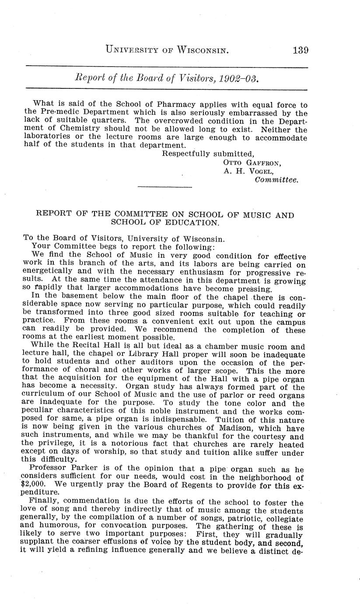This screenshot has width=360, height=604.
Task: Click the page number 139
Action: click(300, 50)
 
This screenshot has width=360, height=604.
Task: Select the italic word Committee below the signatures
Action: click(276, 179)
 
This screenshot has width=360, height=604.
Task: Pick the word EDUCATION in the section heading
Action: click(192, 223)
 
